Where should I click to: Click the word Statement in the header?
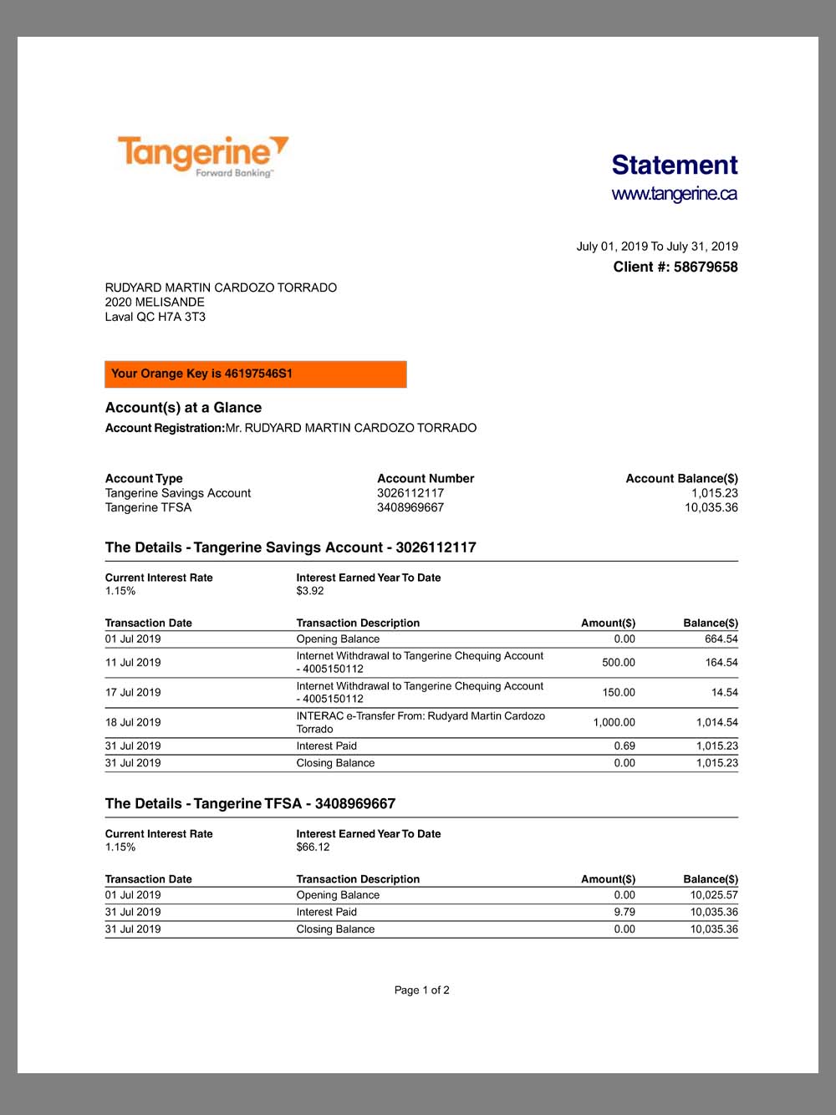674,165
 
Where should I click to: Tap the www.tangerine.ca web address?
674,194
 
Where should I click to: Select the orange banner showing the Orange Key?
255,374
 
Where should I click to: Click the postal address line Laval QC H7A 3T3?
155,317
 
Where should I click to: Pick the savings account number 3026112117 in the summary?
410,493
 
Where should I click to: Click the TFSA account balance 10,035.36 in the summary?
711,507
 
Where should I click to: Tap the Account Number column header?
426,478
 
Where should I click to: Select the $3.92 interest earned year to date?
310,591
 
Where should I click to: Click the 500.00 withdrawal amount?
618,662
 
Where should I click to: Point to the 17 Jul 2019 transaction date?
133,692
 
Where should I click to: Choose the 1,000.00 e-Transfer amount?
614,722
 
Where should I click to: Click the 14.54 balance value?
724,692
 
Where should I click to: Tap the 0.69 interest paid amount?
624,746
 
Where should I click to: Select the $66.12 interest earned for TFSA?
313,847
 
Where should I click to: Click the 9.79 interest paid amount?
624,912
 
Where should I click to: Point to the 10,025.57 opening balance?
713,894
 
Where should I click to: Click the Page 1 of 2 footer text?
421,990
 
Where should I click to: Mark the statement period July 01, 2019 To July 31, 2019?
656,246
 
